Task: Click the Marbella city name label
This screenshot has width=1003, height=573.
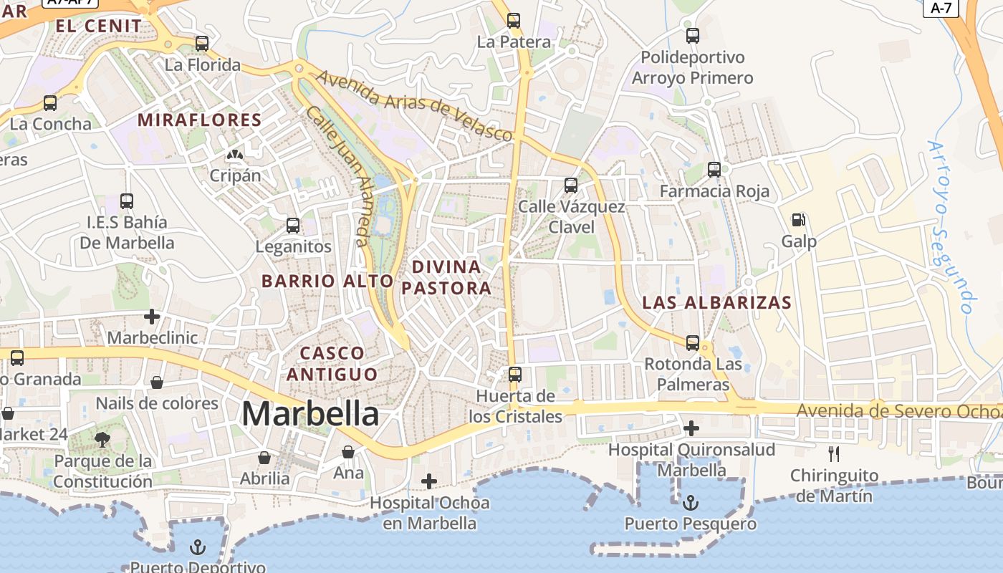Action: tap(310, 414)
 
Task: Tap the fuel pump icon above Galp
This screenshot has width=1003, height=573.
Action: tap(798, 220)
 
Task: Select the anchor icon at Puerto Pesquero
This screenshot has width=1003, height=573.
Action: tap(690, 502)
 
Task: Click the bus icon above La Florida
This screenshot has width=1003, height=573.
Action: tap(202, 44)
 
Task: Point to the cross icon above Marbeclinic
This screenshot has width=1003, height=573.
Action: tap(152, 316)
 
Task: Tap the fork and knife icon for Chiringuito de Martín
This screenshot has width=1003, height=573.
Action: tap(833, 453)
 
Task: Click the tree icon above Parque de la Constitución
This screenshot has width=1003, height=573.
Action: tap(102, 439)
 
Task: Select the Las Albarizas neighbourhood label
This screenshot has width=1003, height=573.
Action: tap(716, 302)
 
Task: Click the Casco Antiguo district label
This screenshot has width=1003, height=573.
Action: tap(332, 363)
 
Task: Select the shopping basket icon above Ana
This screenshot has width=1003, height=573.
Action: tap(348, 452)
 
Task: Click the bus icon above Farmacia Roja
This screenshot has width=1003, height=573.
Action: tap(714, 170)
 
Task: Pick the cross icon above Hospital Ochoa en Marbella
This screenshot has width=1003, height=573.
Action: tap(429, 481)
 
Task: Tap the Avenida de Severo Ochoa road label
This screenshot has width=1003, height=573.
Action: tap(899, 411)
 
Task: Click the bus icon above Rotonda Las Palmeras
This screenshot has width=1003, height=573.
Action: tap(693, 343)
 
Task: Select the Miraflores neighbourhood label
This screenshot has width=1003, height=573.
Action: tap(199, 120)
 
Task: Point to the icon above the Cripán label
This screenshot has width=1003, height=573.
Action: tap(234, 154)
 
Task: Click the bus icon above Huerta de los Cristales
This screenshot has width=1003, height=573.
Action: tap(515, 374)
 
